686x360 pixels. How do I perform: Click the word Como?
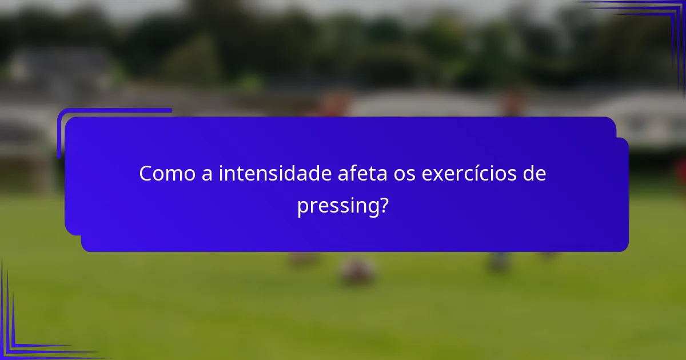[x=166, y=174]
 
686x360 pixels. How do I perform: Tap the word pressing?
[x=337, y=206]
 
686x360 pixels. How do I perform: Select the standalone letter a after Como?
[x=206, y=174]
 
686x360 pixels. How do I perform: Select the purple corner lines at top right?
[x=657, y=23]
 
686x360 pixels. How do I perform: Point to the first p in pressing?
[x=302, y=207]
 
